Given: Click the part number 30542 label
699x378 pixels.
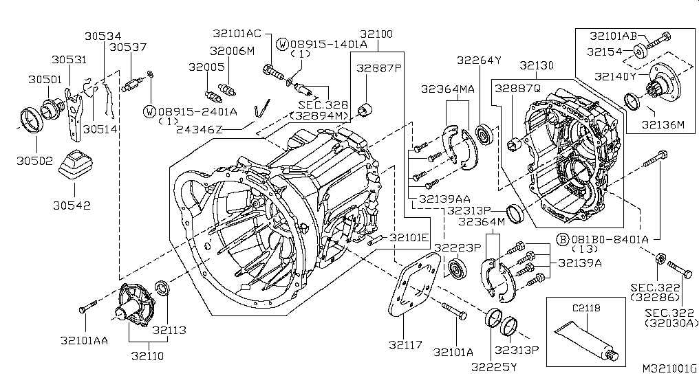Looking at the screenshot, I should click(x=73, y=205).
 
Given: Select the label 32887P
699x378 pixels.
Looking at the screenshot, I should click(x=378, y=68).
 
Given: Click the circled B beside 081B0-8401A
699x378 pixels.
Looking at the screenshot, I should click(x=561, y=239).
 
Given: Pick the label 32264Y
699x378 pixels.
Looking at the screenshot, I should click(x=478, y=60).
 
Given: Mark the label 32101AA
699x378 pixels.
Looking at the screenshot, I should click(x=83, y=339).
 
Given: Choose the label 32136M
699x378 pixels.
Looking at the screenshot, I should click(x=664, y=124).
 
